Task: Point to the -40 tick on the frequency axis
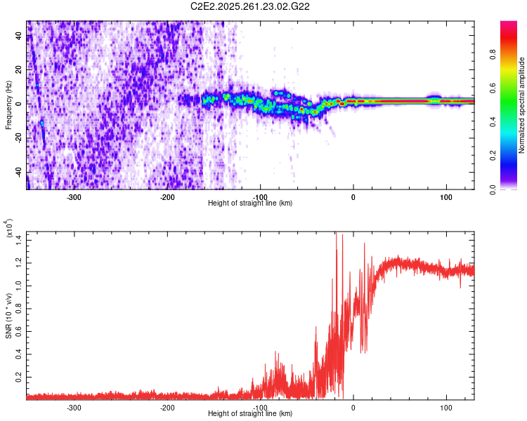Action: (18, 171)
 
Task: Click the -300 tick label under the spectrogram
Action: (74, 196)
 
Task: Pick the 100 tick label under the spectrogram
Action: (445, 196)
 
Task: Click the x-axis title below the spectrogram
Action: (251, 203)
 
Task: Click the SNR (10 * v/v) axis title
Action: (8, 316)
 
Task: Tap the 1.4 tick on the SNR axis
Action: (19, 241)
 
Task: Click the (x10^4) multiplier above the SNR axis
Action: (9, 228)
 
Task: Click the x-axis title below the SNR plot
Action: (251, 414)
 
